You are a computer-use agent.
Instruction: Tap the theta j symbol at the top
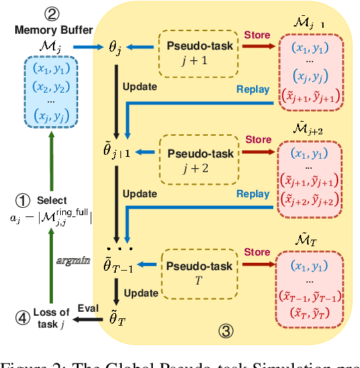(x=116, y=47)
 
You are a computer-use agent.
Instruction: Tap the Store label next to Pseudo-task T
(x=258, y=252)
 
